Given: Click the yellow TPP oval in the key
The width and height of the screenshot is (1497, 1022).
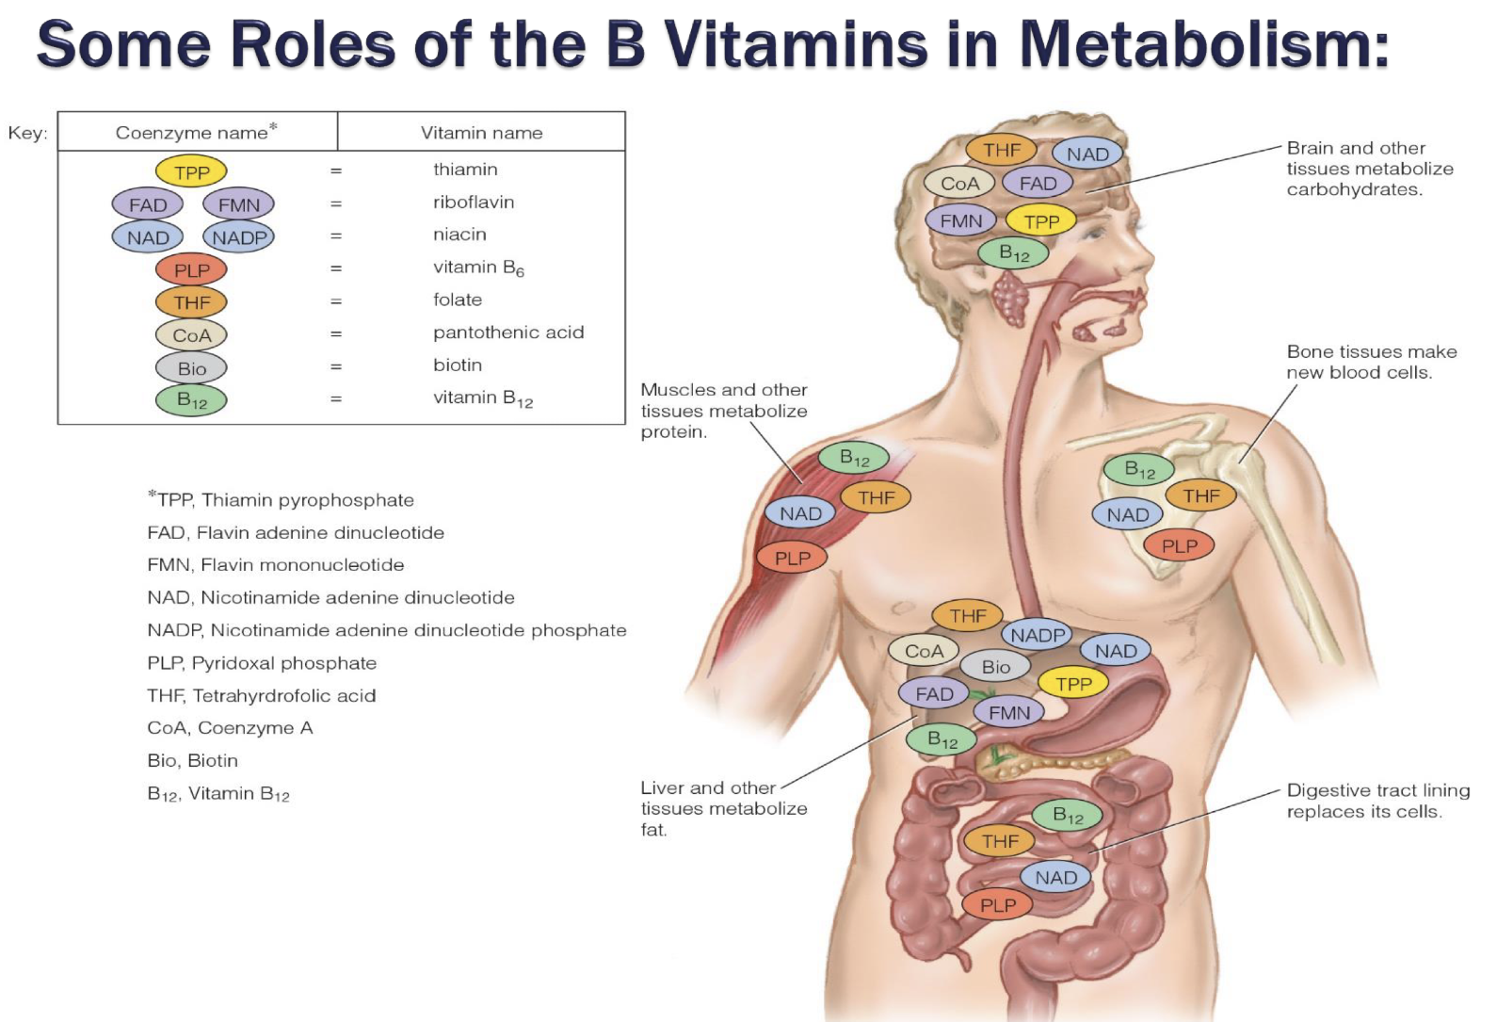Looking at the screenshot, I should point(191,172).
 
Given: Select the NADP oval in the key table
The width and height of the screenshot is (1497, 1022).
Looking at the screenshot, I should point(238,237).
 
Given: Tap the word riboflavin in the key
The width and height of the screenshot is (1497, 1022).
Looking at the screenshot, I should point(474,203).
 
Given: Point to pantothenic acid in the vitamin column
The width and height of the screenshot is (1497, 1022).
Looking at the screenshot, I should point(508,333).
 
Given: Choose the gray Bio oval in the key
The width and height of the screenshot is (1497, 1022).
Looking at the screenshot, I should point(191,368).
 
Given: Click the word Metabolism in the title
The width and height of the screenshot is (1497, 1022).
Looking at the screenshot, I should point(1204,44).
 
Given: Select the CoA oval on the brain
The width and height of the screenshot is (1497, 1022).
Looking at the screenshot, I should point(959,184).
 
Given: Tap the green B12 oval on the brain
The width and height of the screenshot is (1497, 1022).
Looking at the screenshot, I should point(1013,253).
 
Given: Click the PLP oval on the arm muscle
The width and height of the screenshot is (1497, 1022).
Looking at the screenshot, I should point(792,559).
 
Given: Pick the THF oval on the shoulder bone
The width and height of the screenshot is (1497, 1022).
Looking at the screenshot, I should point(1201,495).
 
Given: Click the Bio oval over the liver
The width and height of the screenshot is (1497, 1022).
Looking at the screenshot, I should point(995,667).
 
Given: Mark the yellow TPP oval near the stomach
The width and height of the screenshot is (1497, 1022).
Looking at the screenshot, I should point(1073,684).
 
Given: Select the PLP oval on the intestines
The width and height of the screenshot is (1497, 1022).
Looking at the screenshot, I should point(998,905).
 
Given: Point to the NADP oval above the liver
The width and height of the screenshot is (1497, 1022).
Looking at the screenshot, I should point(1038,636).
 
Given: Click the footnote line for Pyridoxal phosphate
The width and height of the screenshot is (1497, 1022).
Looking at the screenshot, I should point(262,663).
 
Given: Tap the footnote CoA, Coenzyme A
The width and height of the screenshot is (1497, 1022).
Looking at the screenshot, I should point(230,728).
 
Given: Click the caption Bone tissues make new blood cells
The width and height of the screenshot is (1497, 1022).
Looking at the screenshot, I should point(1371,362).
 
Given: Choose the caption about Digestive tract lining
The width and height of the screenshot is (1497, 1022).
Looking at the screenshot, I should point(1377,801).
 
